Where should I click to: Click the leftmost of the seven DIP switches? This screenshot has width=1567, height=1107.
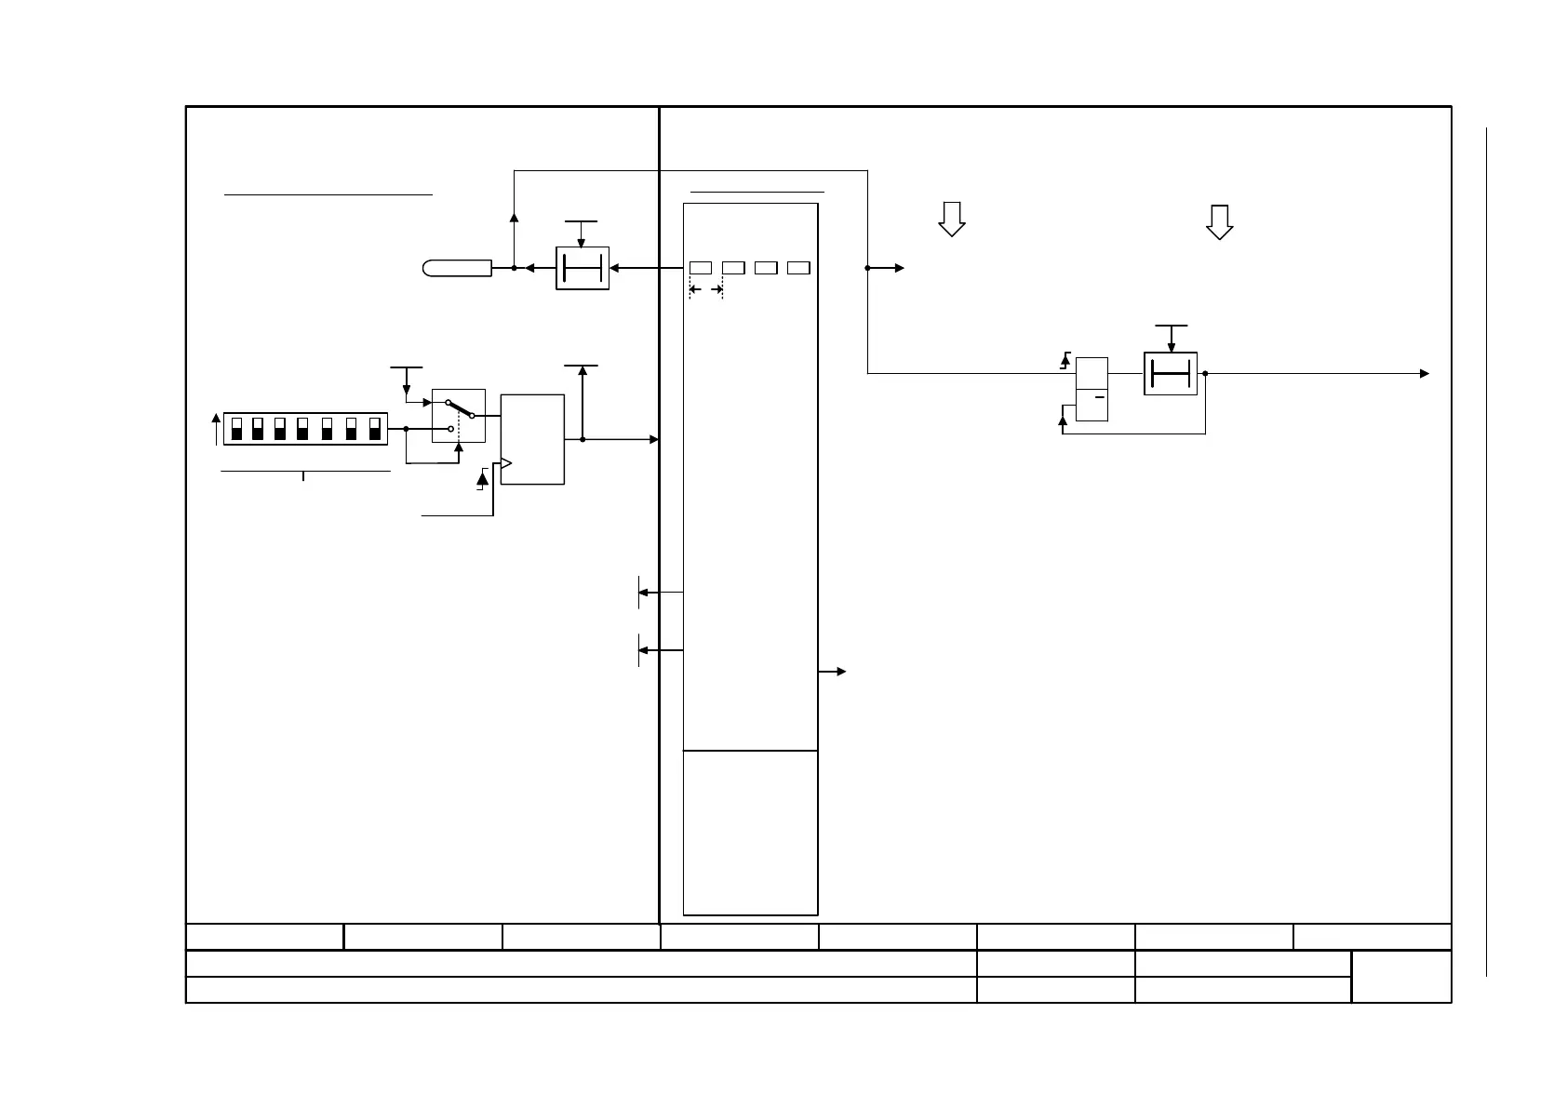tap(236, 428)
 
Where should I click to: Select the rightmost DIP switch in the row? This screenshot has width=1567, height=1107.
tap(375, 428)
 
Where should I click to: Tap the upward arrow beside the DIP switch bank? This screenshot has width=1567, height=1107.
tap(217, 429)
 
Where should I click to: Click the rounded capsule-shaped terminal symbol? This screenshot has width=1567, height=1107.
tap(457, 269)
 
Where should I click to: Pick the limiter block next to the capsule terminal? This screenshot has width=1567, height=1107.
tap(583, 269)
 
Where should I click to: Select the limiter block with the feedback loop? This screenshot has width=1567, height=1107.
tap(1170, 374)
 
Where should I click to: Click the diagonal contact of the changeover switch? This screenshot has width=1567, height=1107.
tap(460, 408)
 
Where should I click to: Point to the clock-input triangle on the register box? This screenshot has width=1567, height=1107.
tap(506, 463)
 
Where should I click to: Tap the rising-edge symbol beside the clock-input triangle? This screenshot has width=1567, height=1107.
tap(482, 480)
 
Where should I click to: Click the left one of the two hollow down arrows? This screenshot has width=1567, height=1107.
tap(951, 219)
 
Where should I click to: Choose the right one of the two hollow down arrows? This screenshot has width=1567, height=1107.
tap(1219, 221)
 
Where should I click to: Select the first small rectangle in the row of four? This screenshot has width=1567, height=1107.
tap(701, 268)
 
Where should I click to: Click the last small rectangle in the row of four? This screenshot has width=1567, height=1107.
tap(798, 268)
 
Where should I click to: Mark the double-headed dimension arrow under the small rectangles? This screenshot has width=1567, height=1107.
tap(706, 290)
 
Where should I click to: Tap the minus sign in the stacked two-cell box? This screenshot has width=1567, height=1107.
tap(1099, 397)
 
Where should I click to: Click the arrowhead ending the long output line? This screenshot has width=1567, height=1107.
tap(1424, 374)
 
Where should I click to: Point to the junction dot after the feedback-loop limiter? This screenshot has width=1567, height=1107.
tap(1205, 374)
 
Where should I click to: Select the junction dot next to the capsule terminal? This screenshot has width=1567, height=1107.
tap(514, 269)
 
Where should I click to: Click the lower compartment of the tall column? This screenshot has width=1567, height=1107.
tap(750, 832)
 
